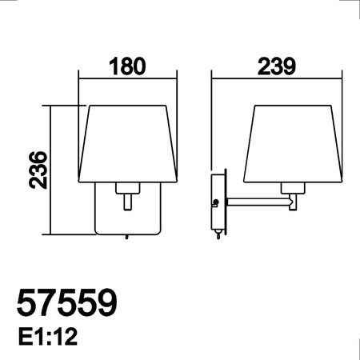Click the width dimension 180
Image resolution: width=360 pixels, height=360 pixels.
[x=128, y=66]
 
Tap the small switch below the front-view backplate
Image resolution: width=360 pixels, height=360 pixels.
[x=126, y=237]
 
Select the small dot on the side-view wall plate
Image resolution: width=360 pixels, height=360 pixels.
[x=215, y=202]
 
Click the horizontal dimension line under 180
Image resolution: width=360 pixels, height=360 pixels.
[x=128, y=77]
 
